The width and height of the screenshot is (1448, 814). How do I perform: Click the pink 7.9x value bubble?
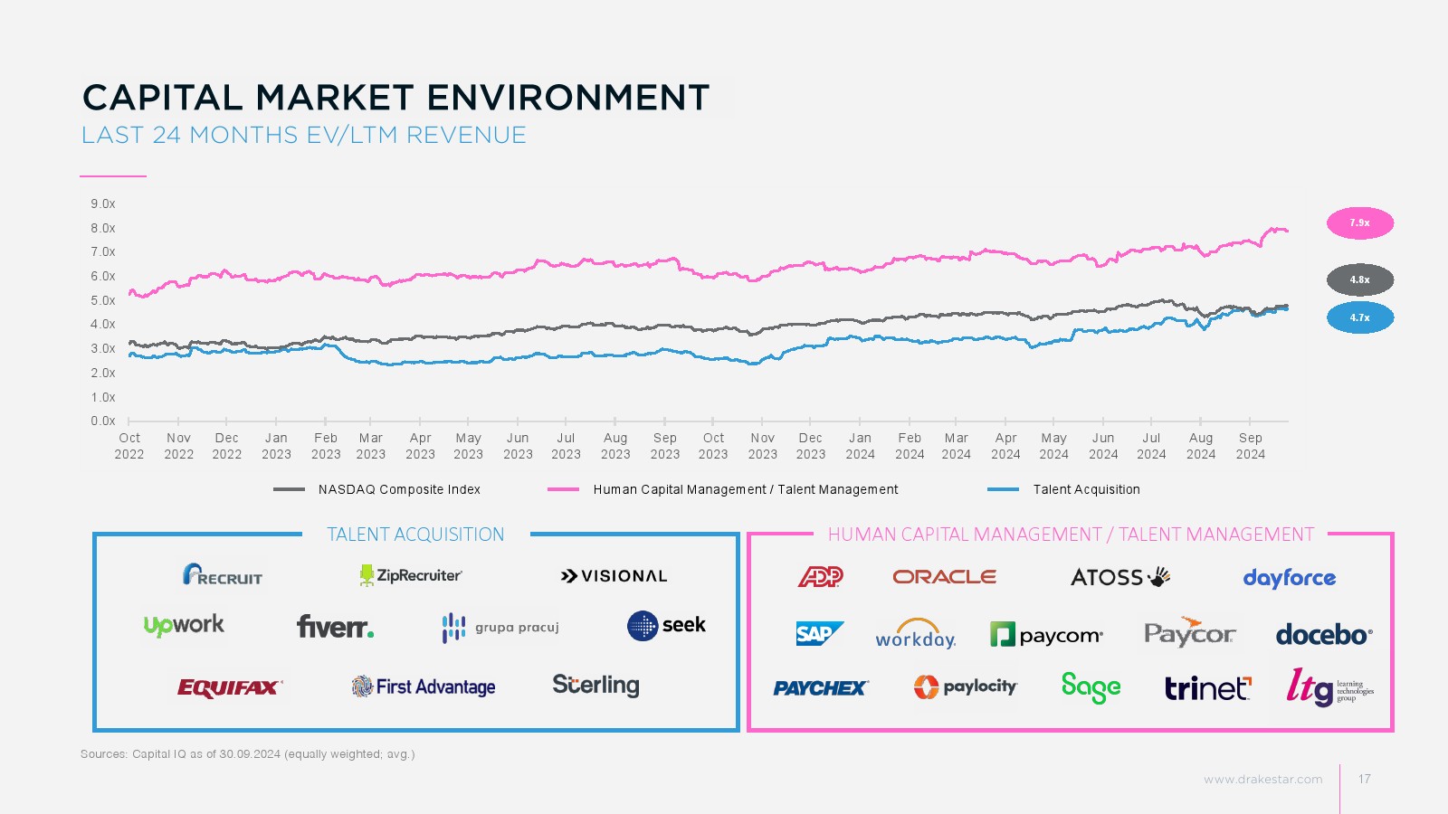pos(1359,223)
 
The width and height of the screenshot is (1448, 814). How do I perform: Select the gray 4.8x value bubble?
pos(1359,280)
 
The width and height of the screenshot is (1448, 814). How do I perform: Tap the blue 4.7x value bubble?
pos(1359,318)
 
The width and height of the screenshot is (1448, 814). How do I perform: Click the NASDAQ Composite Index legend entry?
pos(399,489)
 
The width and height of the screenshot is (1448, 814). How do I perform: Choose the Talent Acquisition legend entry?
pos(1086,489)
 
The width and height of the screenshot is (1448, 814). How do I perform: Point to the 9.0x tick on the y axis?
pos(103,204)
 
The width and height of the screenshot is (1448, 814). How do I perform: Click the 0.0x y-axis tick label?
pos(103,421)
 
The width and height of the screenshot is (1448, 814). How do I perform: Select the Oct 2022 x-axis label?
pos(129,446)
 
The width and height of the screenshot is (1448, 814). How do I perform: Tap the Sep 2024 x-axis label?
pos(1250,446)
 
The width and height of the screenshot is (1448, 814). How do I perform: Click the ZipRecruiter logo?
pos(411,575)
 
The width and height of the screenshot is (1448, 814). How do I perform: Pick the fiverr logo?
pos(335,626)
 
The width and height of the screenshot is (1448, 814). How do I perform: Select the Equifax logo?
pos(230,688)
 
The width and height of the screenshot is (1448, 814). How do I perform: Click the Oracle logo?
pos(944,577)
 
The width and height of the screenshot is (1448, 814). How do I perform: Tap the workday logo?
pos(915,634)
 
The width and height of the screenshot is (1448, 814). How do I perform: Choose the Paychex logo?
pos(820,688)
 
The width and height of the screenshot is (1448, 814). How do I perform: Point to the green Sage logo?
pos(1091,687)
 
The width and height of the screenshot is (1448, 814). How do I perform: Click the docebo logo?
pos(1323,635)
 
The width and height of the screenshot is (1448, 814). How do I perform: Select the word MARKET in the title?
pos(334,98)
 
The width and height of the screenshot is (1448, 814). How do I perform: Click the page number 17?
pos(1364,779)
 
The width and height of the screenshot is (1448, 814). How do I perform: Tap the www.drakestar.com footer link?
pos(1262,779)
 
